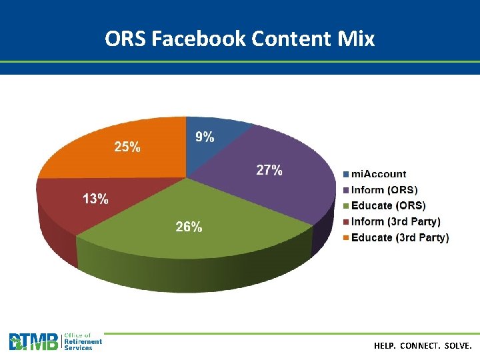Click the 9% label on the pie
pos(205,137)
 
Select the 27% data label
pos(269,171)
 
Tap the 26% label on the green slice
pos(189,227)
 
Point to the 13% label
pos(95,199)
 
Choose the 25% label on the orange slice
pos(127,147)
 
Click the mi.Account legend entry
pos(379,174)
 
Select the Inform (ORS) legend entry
pos(385,190)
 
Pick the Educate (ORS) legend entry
pos(388,205)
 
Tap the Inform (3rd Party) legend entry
pos(396,221)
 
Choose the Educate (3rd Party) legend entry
pos(400,237)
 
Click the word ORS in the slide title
pos(125,39)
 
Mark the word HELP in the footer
pos(385,347)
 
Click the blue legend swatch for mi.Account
pos(346,175)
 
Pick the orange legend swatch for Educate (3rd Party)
pos(346,238)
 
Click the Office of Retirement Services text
pos(83,342)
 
